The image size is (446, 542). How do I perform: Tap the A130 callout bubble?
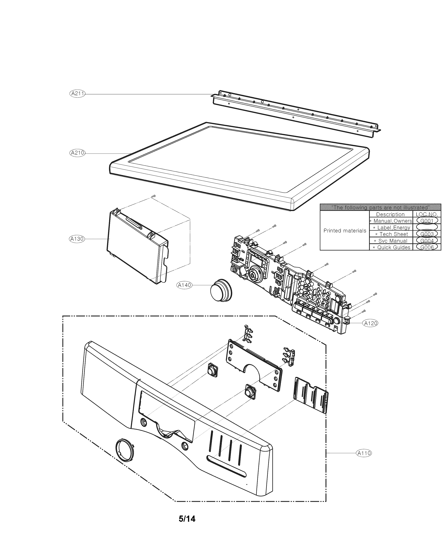pos(77,239)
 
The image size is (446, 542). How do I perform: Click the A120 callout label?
pos(370,323)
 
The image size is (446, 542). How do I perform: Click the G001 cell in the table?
pos(427,221)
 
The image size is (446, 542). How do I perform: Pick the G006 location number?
pos(427,247)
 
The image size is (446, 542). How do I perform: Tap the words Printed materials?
pos(344,231)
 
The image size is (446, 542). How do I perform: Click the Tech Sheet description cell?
pos(393,234)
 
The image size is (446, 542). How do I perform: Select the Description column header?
pos(390,214)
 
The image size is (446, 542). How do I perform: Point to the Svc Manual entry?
pos(393,241)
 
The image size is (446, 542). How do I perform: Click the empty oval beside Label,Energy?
pos(427,227)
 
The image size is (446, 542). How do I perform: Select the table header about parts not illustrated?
pos(380,207)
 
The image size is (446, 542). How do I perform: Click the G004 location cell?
pos(427,241)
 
